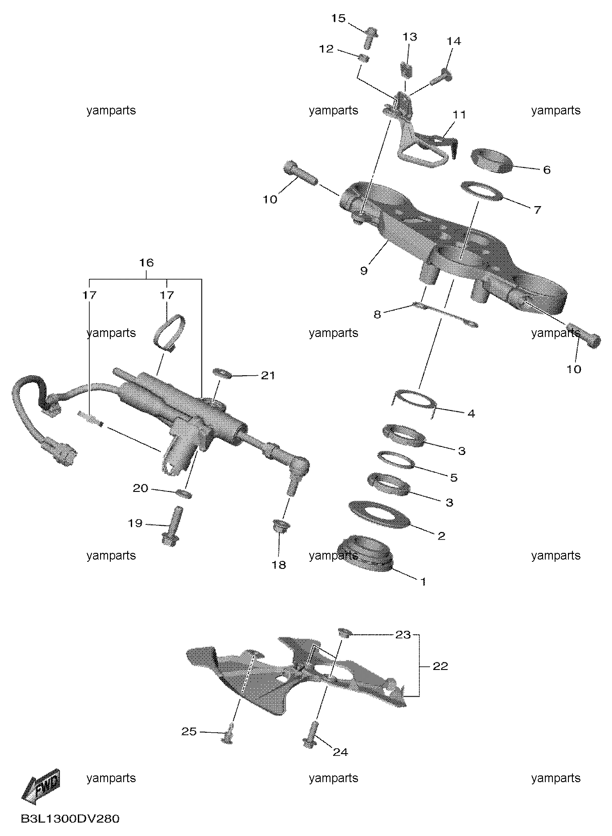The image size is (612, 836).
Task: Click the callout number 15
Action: (x=338, y=19)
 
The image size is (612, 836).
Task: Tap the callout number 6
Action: (x=547, y=170)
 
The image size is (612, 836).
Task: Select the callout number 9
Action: (x=364, y=270)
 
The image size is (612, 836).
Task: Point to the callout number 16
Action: (x=146, y=263)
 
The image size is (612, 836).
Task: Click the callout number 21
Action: (x=268, y=376)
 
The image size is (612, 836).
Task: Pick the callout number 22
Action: (x=440, y=666)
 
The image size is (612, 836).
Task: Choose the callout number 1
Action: (x=423, y=581)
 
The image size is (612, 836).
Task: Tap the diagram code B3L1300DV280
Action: (x=70, y=819)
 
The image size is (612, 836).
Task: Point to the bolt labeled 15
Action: (x=370, y=37)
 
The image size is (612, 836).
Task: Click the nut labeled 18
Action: (x=279, y=526)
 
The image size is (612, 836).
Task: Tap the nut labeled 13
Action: (x=407, y=69)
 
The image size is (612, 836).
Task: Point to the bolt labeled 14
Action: (x=441, y=77)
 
